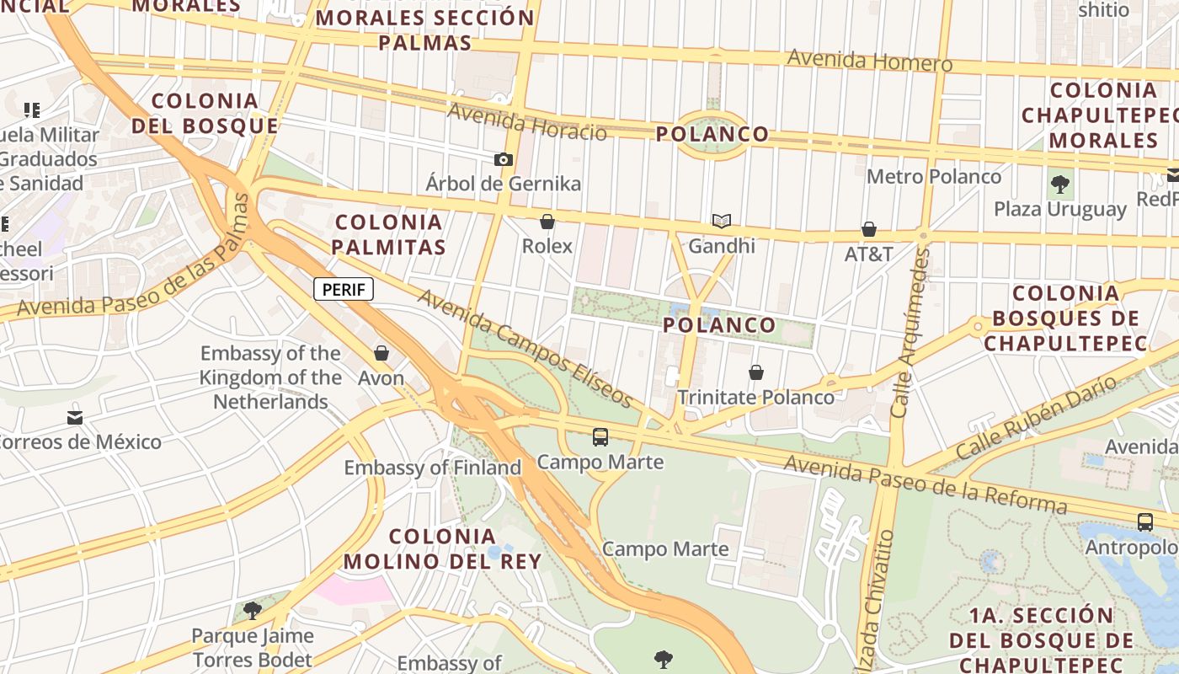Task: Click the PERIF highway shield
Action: tap(344, 290)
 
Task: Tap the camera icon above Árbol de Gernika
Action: tap(504, 159)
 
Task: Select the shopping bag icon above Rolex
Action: tap(547, 222)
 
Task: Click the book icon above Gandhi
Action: tap(721, 222)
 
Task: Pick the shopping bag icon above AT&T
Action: tap(869, 229)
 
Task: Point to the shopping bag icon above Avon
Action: tap(381, 353)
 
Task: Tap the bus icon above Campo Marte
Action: tap(600, 437)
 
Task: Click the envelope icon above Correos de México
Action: tap(75, 418)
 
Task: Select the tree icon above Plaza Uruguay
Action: tap(1060, 184)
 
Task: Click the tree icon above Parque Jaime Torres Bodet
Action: tap(252, 610)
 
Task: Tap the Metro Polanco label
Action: tap(934, 177)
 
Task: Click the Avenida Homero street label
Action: tap(869, 62)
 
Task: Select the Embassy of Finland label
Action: tap(433, 468)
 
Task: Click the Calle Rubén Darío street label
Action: tap(1036, 417)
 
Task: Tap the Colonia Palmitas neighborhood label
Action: tap(388, 234)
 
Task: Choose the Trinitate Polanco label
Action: tap(756, 398)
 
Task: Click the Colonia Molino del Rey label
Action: tap(442, 548)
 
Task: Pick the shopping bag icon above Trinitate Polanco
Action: tap(756, 372)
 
